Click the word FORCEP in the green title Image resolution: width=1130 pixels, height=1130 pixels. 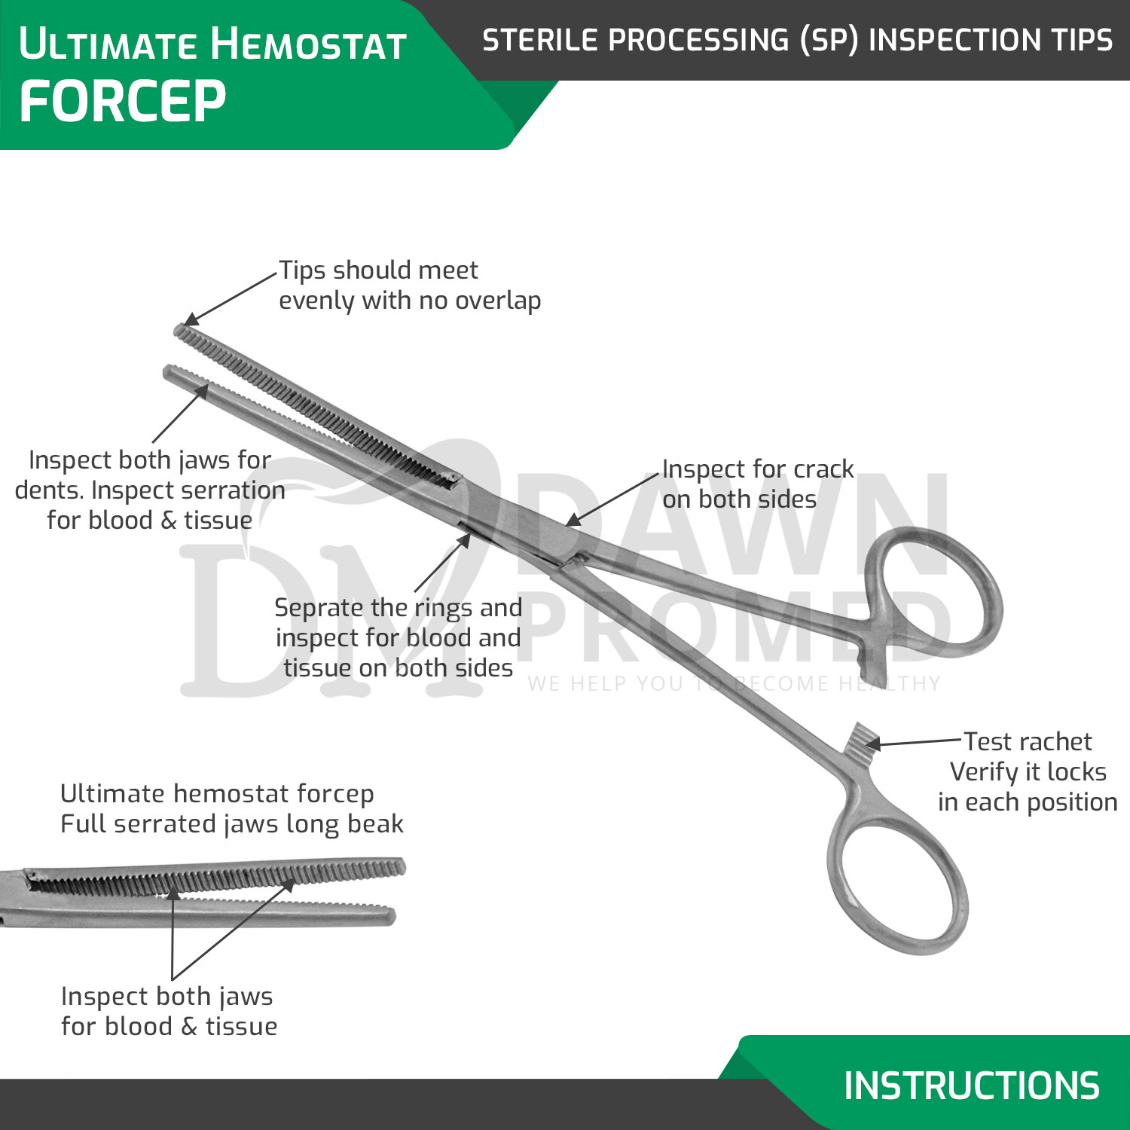(x=122, y=102)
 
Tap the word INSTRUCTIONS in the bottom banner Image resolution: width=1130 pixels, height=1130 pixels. (x=970, y=1086)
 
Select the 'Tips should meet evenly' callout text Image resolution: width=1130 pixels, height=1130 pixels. (x=409, y=285)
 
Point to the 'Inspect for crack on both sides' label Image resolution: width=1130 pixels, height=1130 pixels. (x=757, y=484)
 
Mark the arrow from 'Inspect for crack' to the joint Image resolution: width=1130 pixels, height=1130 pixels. (x=612, y=499)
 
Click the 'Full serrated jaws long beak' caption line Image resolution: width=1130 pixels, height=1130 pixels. (x=232, y=824)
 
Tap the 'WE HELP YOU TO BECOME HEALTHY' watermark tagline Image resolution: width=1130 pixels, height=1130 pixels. (x=734, y=683)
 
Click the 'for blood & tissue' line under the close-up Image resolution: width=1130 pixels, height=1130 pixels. (x=169, y=1027)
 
